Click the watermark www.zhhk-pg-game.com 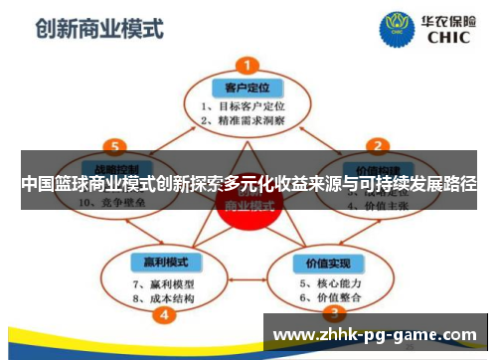click(375, 334)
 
